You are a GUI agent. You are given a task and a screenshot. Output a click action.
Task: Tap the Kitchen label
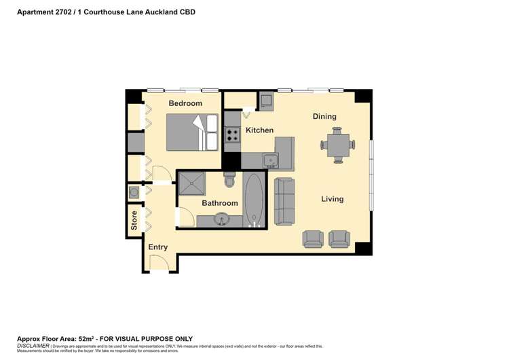(x=259, y=130)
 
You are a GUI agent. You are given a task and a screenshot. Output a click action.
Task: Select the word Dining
(x=324, y=116)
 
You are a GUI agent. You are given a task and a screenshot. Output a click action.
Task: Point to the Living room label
(x=333, y=199)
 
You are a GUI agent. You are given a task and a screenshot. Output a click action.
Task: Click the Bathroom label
(x=220, y=203)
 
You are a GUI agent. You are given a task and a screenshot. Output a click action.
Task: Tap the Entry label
(x=157, y=247)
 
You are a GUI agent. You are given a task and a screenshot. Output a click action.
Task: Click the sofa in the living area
(x=284, y=201)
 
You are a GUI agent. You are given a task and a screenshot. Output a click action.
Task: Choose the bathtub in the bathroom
(x=254, y=200)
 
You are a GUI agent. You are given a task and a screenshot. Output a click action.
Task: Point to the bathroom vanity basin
(x=221, y=219)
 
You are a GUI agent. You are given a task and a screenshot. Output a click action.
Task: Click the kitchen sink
(x=270, y=160)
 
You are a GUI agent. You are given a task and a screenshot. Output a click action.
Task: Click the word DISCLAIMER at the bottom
(x=33, y=345)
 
